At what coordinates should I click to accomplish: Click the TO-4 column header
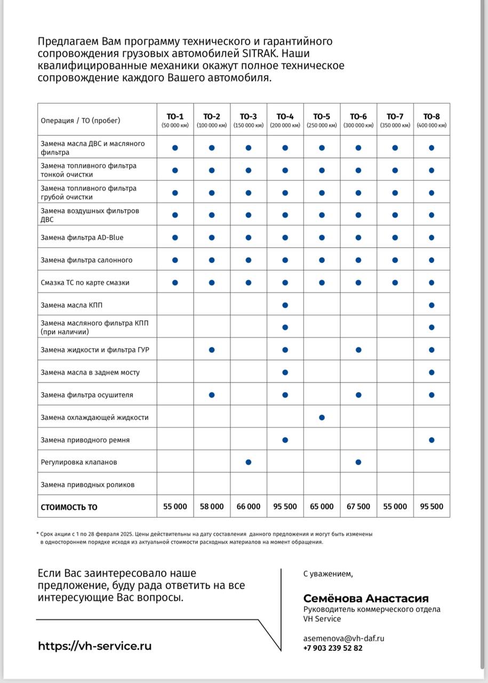285,120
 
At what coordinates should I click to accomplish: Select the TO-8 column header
431,120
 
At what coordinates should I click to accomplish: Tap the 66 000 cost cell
249,506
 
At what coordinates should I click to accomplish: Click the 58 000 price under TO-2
212,506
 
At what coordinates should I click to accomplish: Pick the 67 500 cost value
358,506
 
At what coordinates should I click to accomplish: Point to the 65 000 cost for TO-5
322,506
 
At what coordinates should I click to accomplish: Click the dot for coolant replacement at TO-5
322,417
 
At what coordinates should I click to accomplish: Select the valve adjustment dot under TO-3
249,462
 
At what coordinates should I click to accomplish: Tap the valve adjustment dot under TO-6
358,462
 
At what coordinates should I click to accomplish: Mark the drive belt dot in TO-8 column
431,440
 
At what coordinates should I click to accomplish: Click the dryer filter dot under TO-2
212,395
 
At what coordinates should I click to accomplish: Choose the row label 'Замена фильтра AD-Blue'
82,237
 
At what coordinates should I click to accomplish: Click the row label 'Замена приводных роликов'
87,485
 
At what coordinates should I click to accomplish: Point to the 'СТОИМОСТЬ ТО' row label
69,507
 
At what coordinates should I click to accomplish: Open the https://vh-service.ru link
94,646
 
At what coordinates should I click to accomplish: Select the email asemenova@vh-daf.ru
343,638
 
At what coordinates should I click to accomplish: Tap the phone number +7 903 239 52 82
333,648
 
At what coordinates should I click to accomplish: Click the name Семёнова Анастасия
366,598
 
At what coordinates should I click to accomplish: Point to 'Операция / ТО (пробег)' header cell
81,121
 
